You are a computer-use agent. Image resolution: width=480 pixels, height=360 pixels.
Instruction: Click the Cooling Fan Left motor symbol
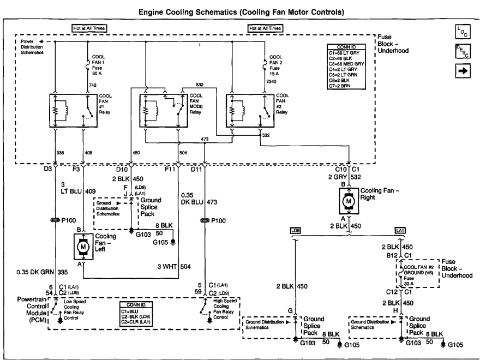click(83, 247)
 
